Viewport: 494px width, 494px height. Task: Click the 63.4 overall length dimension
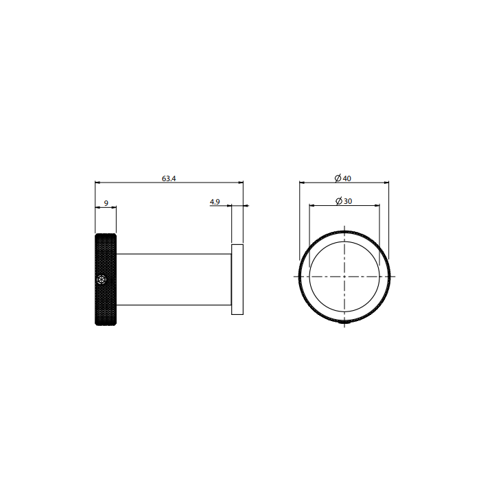coord(169,178)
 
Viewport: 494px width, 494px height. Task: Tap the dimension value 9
coord(106,203)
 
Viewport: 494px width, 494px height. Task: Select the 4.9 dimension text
coord(215,202)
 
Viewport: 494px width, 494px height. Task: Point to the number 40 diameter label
coord(347,178)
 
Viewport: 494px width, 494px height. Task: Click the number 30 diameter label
coord(348,201)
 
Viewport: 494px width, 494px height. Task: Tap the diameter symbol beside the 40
coord(338,178)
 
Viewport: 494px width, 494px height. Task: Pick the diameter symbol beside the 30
coord(339,201)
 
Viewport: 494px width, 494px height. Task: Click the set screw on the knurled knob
coord(102,279)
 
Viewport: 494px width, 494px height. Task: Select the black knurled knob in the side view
coord(106,279)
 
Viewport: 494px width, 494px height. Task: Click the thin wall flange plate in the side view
coord(237,279)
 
